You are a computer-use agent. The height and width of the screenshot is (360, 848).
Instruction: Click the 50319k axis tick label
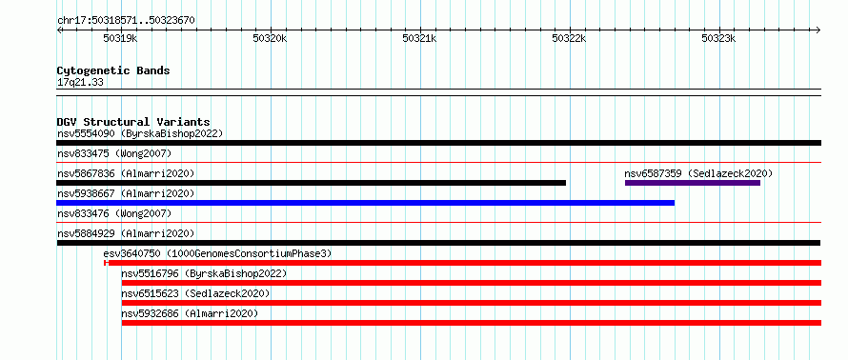click(120, 38)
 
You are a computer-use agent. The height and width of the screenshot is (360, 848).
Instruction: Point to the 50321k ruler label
click(419, 38)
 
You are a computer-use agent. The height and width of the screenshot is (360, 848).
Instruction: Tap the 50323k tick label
click(718, 38)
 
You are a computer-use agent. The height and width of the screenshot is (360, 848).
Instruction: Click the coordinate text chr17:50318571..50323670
click(126, 21)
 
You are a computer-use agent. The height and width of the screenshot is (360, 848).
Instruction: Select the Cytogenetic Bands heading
click(113, 70)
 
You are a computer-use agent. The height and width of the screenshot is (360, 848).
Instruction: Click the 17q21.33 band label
click(80, 83)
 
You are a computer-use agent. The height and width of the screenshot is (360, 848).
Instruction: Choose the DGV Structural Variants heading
click(133, 122)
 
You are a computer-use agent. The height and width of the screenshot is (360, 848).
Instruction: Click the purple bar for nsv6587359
click(693, 183)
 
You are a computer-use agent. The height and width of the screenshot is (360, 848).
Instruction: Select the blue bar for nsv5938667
click(366, 203)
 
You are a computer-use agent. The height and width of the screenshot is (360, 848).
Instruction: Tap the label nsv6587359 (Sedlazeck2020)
click(698, 173)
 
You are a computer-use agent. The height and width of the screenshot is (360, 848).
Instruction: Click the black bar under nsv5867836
click(311, 183)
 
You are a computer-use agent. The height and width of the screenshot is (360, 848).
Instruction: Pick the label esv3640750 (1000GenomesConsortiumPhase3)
click(217, 253)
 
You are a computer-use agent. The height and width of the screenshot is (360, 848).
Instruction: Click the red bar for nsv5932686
click(472, 323)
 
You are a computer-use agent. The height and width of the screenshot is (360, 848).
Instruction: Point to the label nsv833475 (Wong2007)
click(114, 154)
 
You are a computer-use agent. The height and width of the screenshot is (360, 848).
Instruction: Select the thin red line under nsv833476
click(438, 222)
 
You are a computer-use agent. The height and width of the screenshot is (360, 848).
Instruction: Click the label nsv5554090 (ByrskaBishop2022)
click(140, 133)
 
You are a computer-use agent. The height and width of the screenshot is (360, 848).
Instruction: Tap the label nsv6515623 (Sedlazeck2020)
click(195, 293)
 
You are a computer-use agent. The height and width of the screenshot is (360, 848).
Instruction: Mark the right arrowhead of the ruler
click(818, 30)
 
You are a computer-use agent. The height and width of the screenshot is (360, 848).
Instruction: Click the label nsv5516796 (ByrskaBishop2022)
click(204, 273)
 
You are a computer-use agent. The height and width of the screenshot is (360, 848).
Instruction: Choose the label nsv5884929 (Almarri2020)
click(126, 233)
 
